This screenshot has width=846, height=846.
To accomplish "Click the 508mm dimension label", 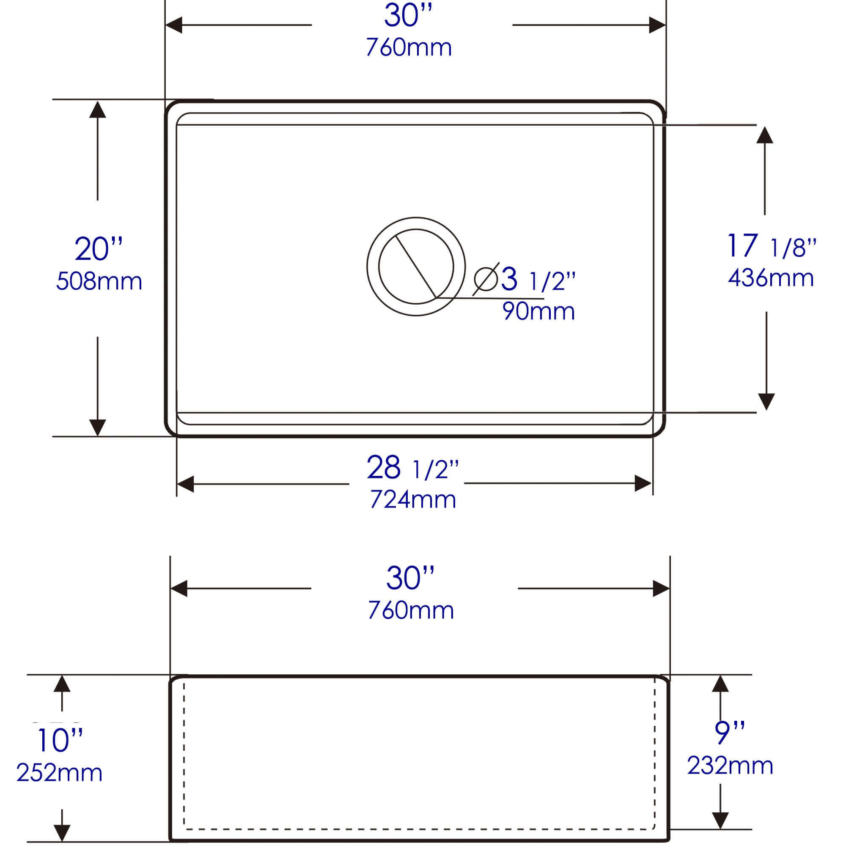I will (99, 282).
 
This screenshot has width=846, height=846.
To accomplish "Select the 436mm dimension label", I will (771, 278).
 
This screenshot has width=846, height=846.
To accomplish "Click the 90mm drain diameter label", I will (538, 312).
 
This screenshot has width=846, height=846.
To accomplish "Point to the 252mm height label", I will (60, 773).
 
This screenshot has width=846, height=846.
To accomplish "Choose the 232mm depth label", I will (730, 766).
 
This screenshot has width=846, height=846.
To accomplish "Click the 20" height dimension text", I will (98, 249).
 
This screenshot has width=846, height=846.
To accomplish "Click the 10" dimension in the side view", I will (60, 740).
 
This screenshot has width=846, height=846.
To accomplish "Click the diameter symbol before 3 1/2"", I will (486, 279).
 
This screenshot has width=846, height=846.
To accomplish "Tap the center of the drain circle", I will (416, 266).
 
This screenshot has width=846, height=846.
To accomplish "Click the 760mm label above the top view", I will (409, 48).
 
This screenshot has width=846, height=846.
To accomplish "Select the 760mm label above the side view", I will (411, 610).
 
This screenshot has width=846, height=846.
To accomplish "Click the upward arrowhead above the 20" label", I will (97, 110).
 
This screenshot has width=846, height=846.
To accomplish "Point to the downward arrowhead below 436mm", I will (766, 401).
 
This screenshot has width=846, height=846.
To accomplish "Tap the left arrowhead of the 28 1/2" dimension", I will (185, 484).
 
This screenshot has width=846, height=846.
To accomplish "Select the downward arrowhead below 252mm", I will (62, 831).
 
